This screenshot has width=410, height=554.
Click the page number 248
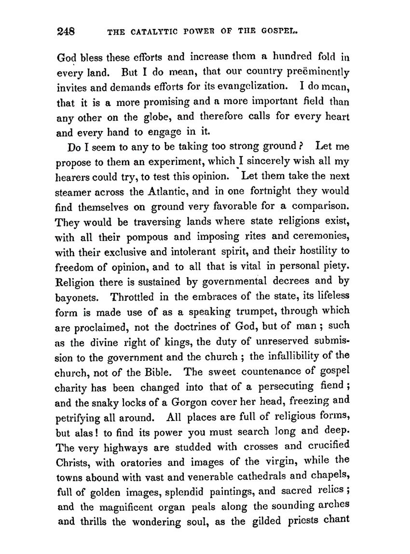pyautogui.click(x=65, y=32)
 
